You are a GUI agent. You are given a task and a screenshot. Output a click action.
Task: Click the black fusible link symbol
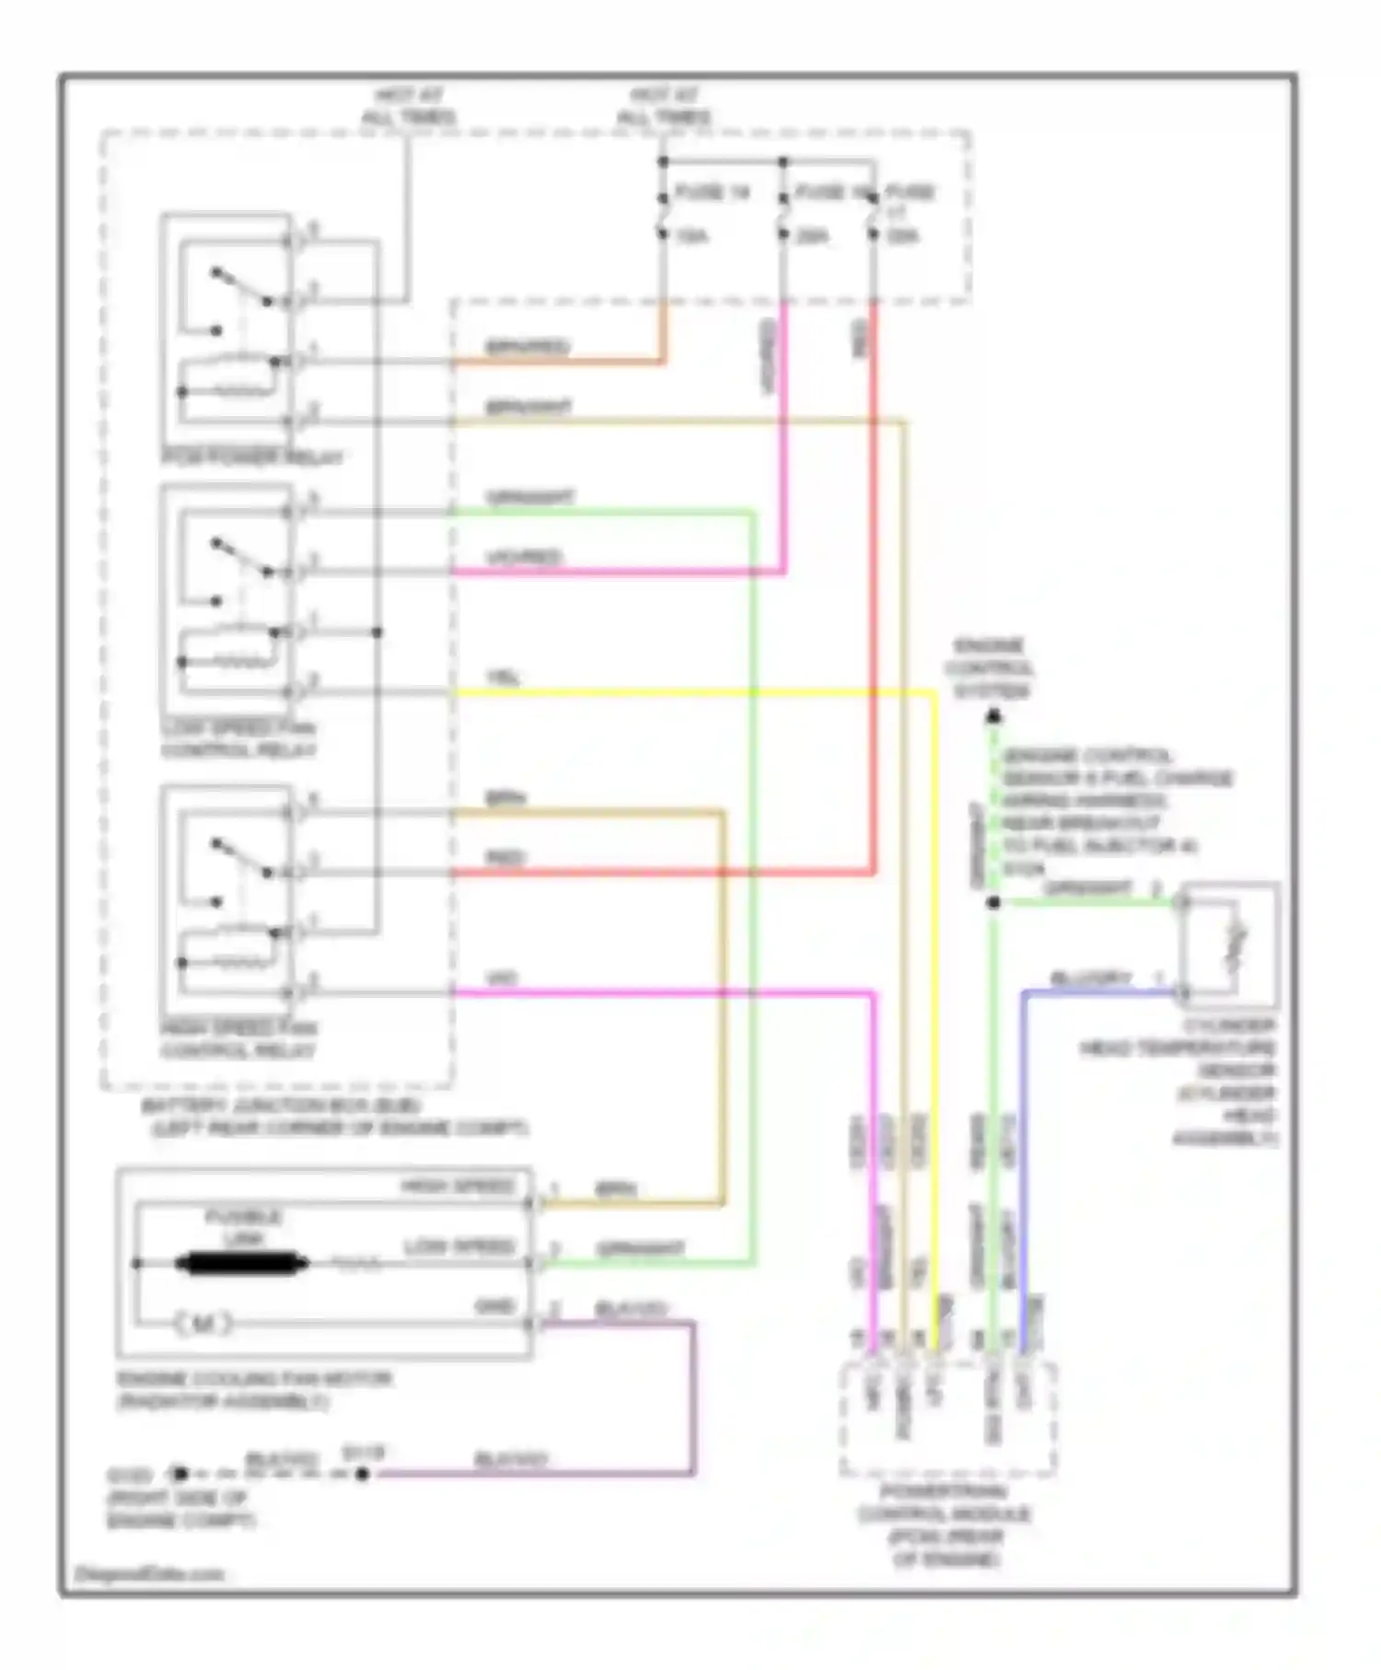click(241, 1264)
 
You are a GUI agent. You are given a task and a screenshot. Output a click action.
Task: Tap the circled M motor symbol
click(203, 1324)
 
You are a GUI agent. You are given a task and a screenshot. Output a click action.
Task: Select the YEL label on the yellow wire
click(504, 678)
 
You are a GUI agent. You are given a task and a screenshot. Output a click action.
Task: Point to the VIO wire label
click(502, 979)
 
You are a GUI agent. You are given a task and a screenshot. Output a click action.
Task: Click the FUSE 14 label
click(714, 192)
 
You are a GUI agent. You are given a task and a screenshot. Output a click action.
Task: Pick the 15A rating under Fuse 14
click(691, 237)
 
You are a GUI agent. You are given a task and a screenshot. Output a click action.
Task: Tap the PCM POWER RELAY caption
click(252, 458)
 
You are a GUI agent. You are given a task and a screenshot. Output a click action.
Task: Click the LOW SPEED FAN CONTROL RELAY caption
click(238, 739)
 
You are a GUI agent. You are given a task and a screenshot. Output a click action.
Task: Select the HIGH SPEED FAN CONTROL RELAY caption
click(238, 1039)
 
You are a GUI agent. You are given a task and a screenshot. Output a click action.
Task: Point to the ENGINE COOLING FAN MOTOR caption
click(254, 1390)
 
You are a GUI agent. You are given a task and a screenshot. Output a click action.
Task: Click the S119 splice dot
click(363, 1474)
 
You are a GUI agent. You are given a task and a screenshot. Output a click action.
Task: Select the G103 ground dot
click(180, 1474)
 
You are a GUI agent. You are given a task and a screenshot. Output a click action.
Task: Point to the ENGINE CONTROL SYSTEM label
click(990, 668)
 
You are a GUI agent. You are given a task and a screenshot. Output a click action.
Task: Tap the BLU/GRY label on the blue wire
click(1091, 978)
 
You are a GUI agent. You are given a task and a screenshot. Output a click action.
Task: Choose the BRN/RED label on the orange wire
click(527, 347)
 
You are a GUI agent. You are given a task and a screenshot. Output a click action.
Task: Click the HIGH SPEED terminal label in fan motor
click(458, 1186)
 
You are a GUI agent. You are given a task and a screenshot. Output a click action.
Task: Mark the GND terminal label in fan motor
click(494, 1306)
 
